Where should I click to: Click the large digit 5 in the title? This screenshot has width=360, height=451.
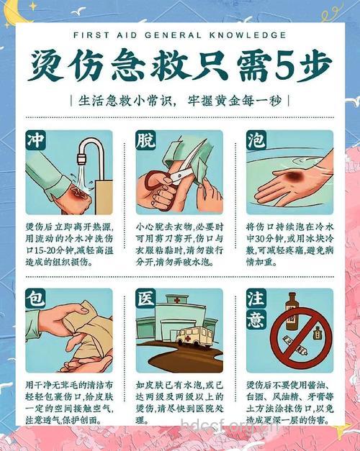pyautogui.click(x=284, y=67)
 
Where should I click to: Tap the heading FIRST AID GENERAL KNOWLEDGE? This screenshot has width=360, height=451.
pyautogui.click(x=179, y=34)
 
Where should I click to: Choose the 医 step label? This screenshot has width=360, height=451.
pyautogui.click(x=146, y=299)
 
